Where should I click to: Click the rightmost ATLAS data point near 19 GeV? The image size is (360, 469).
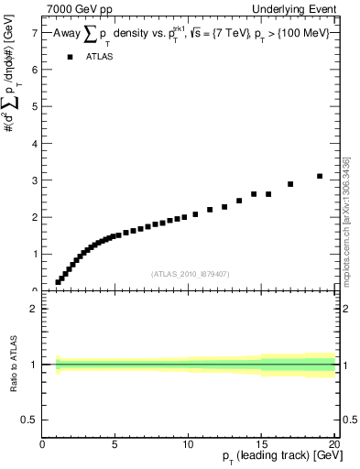point(320,176)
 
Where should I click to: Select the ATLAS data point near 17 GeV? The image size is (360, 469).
point(290,184)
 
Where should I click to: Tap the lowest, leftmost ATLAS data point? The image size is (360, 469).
point(58,282)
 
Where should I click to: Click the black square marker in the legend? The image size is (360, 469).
point(70,57)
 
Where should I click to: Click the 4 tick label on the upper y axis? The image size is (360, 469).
point(35,143)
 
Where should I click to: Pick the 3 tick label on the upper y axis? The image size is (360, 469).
point(35,180)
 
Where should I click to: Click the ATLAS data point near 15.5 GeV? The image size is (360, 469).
point(268,194)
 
